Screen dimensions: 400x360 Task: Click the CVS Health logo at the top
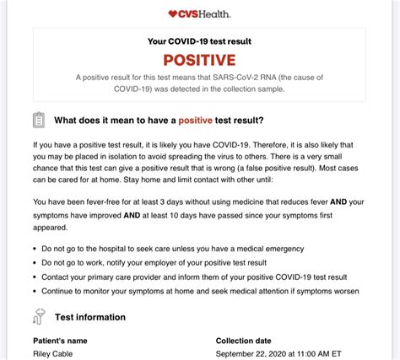tap(199, 13)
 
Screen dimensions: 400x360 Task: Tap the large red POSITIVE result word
tap(199, 60)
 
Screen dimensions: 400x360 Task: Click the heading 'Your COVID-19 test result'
tap(199, 41)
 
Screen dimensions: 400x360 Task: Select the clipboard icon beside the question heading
tap(39, 120)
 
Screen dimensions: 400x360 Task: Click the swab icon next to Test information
tap(39, 317)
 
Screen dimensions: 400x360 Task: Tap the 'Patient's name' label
tap(62, 341)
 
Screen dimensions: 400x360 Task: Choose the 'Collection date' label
tap(244, 341)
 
